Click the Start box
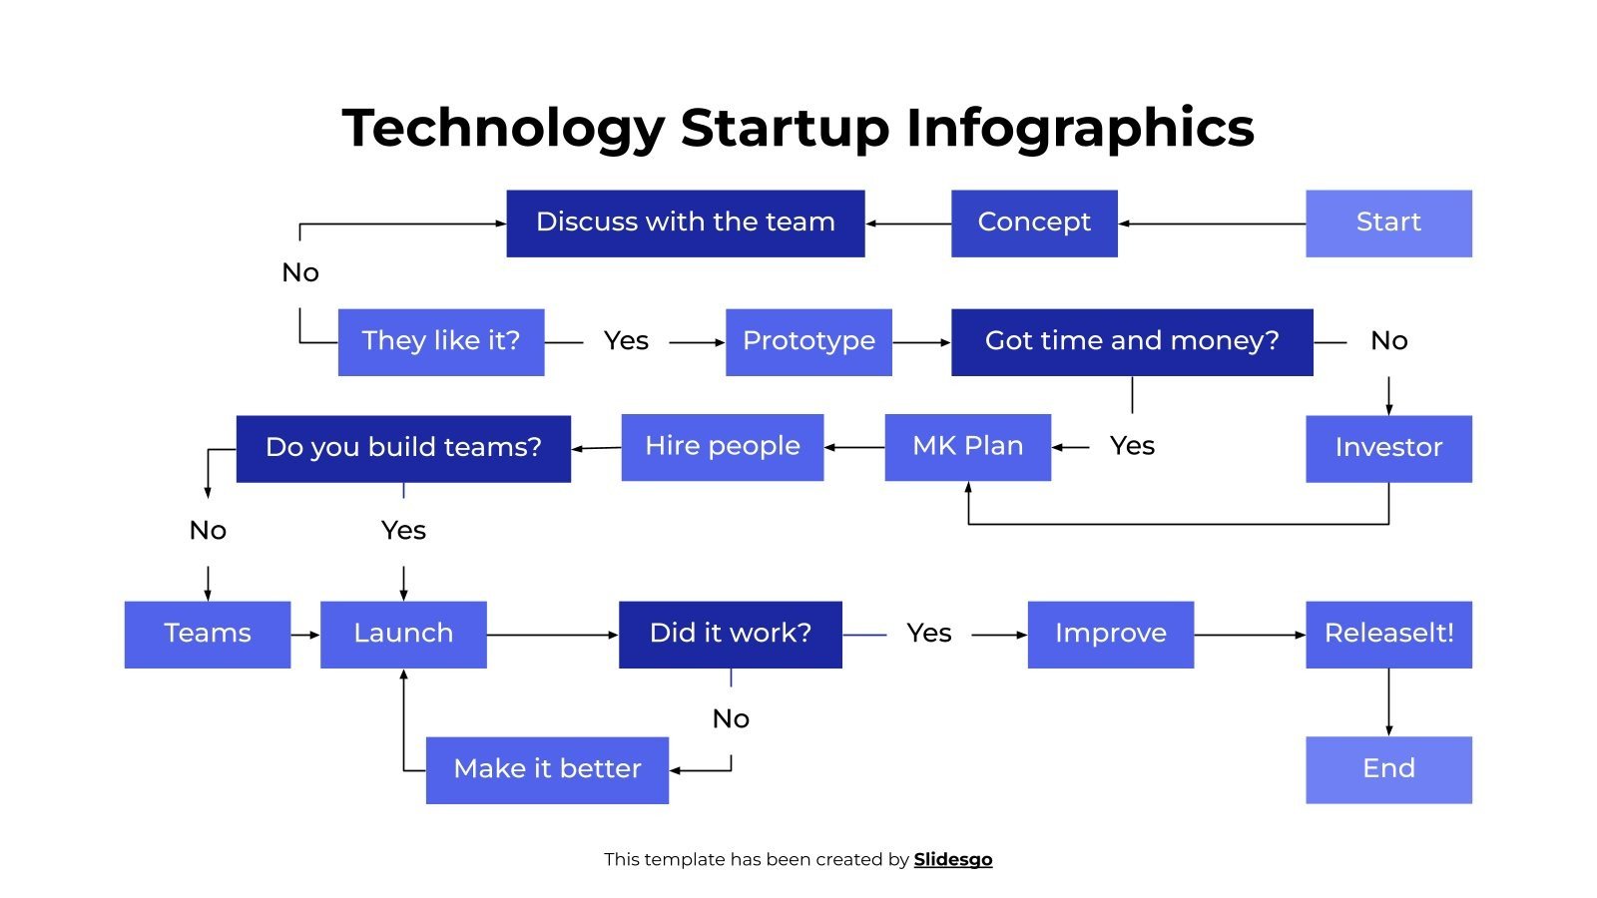[x=1388, y=223]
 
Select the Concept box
[x=1034, y=223]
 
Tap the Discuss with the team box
[x=685, y=223]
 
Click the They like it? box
[x=440, y=341]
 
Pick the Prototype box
[x=808, y=341]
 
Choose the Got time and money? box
[x=1132, y=341]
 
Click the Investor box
[x=1388, y=448]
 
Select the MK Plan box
[x=967, y=447]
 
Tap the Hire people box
[x=722, y=447]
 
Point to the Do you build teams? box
[x=403, y=448]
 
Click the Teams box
[x=208, y=634]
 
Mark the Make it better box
[x=547, y=769]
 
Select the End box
[x=1388, y=769]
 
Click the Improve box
[x=1110, y=634]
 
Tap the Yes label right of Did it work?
[x=928, y=634]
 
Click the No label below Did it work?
[x=731, y=718]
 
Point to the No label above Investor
[x=1388, y=341]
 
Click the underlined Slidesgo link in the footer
[x=952, y=859]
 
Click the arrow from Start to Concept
[x=1212, y=224]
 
